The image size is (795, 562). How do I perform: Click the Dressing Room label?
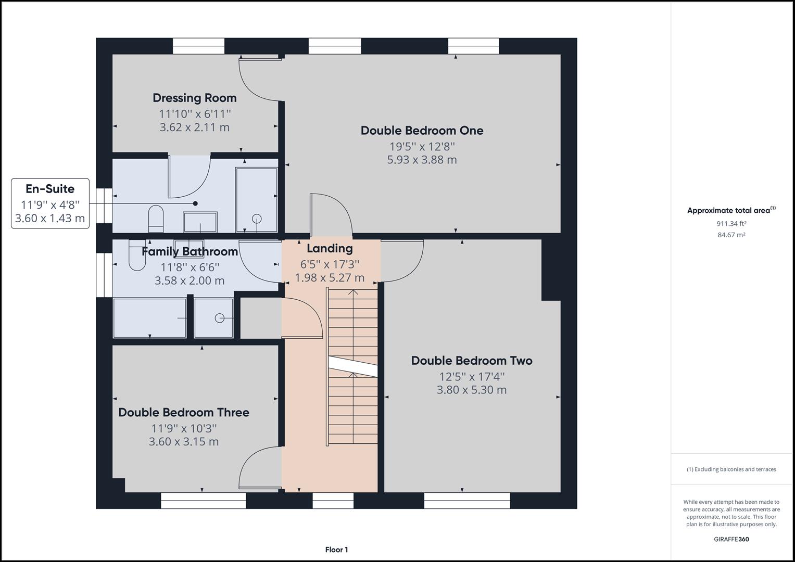pyautogui.click(x=195, y=98)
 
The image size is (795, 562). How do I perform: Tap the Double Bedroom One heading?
pyautogui.click(x=422, y=131)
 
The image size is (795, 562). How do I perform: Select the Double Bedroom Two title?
pyautogui.click(x=472, y=361)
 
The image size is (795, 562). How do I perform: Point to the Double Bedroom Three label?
pyautogui.click(x=183, y=412)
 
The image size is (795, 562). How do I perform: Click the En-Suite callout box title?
pyautogui.click(x=50, y=189)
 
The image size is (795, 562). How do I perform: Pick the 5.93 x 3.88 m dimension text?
pyautogui.click(x=422, y=160)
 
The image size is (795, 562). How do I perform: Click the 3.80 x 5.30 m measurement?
pyautogui.click(x=471, y=390)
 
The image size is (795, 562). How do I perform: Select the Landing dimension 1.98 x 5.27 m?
pyautogui.click(x=330, y=278)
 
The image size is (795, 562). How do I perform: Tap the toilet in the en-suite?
pyautogui.click(x=156, y=219)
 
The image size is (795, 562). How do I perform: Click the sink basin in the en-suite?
pyautogui.click(x=200, y=222)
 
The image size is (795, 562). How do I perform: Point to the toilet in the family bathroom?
pyautogui.click(x=137, y=255)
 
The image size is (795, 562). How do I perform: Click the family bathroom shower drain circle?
pyautogui.click(x=219, y=318)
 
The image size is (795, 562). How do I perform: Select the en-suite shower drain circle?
pyautogui.click(x=257, y=219)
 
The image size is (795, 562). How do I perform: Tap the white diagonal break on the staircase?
pyautogui.click(x=352, y=366)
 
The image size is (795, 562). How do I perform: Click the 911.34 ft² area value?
pyautogui.click(x=731, y=224)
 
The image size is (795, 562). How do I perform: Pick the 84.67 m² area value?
pyautogui.click(x=731, y=235)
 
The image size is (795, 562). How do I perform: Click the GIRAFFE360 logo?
pyautogui.click(x=731, y=539)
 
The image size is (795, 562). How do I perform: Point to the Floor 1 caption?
pyautogui.click(x=336, y=550)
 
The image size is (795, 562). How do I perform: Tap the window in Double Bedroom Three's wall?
pyautogui.click(x=204, y=501)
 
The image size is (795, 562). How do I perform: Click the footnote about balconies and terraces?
pyautogui.click(x=731, y=469)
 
